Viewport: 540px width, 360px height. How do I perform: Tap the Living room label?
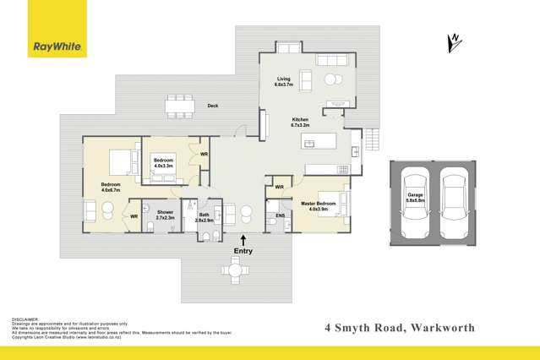pyautogui.click(x=283, y=82)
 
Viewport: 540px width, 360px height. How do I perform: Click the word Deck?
pyautogui.click(x=213, y=106)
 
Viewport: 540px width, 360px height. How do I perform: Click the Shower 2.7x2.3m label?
pyautogui.click(x=160, y=215)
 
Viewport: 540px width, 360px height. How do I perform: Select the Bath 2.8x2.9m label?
pyautogui.click(x=204, y=217)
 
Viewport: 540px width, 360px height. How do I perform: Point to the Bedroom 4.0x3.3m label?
pyautogui.click(x=163, y=162)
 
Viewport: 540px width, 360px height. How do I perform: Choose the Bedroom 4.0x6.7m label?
pyautogui.click(x=112, y=187)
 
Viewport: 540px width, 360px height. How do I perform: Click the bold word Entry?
pyautogui.click(x=243, y=252)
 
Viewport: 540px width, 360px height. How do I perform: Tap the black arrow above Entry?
pyautogui.click(x=243, y=240)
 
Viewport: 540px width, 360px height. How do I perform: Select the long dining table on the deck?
pyautogui.click(x=179, y=105)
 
